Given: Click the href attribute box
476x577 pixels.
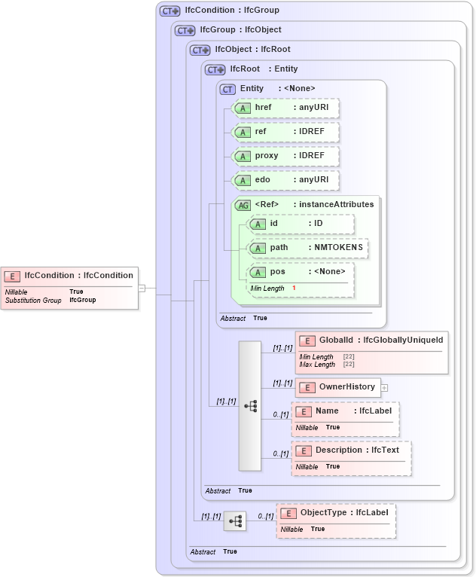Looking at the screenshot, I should (285, 108).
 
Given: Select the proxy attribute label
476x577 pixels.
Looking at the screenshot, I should (267, 156).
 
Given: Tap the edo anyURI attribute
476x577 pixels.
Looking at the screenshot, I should (285, 180).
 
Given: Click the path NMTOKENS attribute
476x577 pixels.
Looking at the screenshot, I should (308, 248).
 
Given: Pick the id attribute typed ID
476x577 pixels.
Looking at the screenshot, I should (301, 224).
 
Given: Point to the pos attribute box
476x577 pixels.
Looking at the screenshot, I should (301, 272).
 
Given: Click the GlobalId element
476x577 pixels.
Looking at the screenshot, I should (371, 340).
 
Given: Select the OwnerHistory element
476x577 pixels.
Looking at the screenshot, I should (338, 387).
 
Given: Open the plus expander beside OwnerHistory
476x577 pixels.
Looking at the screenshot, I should (384, 388).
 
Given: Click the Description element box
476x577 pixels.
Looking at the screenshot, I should (351, 450).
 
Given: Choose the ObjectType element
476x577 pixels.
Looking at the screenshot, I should (335, 513).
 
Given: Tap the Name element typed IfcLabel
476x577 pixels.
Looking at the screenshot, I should (345, 412).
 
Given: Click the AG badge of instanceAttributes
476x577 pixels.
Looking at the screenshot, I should (243, 205).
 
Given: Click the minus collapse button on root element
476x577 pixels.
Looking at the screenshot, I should (141, 287).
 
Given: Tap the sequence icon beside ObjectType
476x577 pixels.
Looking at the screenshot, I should (235, 521).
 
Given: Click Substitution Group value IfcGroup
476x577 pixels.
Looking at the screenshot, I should (83, 300).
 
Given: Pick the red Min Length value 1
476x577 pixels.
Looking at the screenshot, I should (294, 288).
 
